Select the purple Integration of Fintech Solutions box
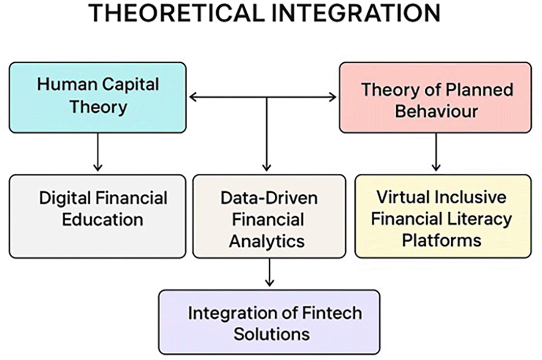click(x=269, y=322)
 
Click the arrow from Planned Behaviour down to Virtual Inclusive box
click(x=435, y=153)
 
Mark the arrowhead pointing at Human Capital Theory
click(x=193, y=96)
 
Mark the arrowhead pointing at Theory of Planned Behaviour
click(x=333, y=96)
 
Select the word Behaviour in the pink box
click(x=436, y=111)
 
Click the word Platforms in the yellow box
click(x=442, y=240)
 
